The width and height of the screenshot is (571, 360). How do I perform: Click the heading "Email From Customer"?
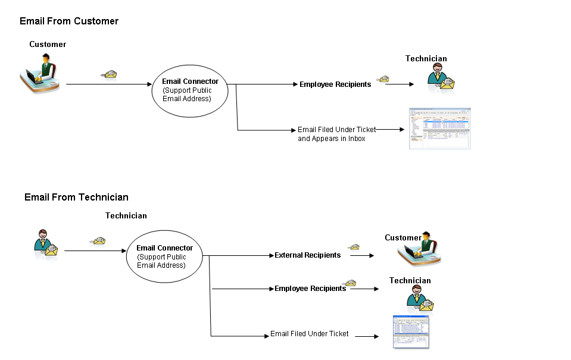tap(69, 21)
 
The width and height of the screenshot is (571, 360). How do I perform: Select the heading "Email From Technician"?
tap(76, 198)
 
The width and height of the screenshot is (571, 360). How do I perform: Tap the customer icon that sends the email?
tap(42, 73)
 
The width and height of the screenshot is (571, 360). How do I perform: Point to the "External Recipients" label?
tap(307, 255)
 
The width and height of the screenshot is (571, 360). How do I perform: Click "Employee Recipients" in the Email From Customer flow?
tap(335, 84)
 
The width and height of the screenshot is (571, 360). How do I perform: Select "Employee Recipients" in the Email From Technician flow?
tap(310, 289)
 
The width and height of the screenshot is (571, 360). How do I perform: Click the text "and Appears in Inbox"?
tap(331, 139)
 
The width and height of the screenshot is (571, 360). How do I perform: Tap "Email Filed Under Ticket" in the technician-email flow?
tap(310, 334)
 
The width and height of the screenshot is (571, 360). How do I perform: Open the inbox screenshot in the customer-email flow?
tap(439, 129)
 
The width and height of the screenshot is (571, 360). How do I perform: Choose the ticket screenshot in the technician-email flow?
tap(411, 332)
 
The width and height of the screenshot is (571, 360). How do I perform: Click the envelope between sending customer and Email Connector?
tap(109, 74)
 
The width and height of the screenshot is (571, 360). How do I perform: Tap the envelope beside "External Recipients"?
tap(354, 247)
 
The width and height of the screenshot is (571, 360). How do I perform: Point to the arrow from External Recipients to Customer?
tap(362, 256)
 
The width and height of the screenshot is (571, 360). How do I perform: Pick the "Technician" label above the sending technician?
tap(126, 215)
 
